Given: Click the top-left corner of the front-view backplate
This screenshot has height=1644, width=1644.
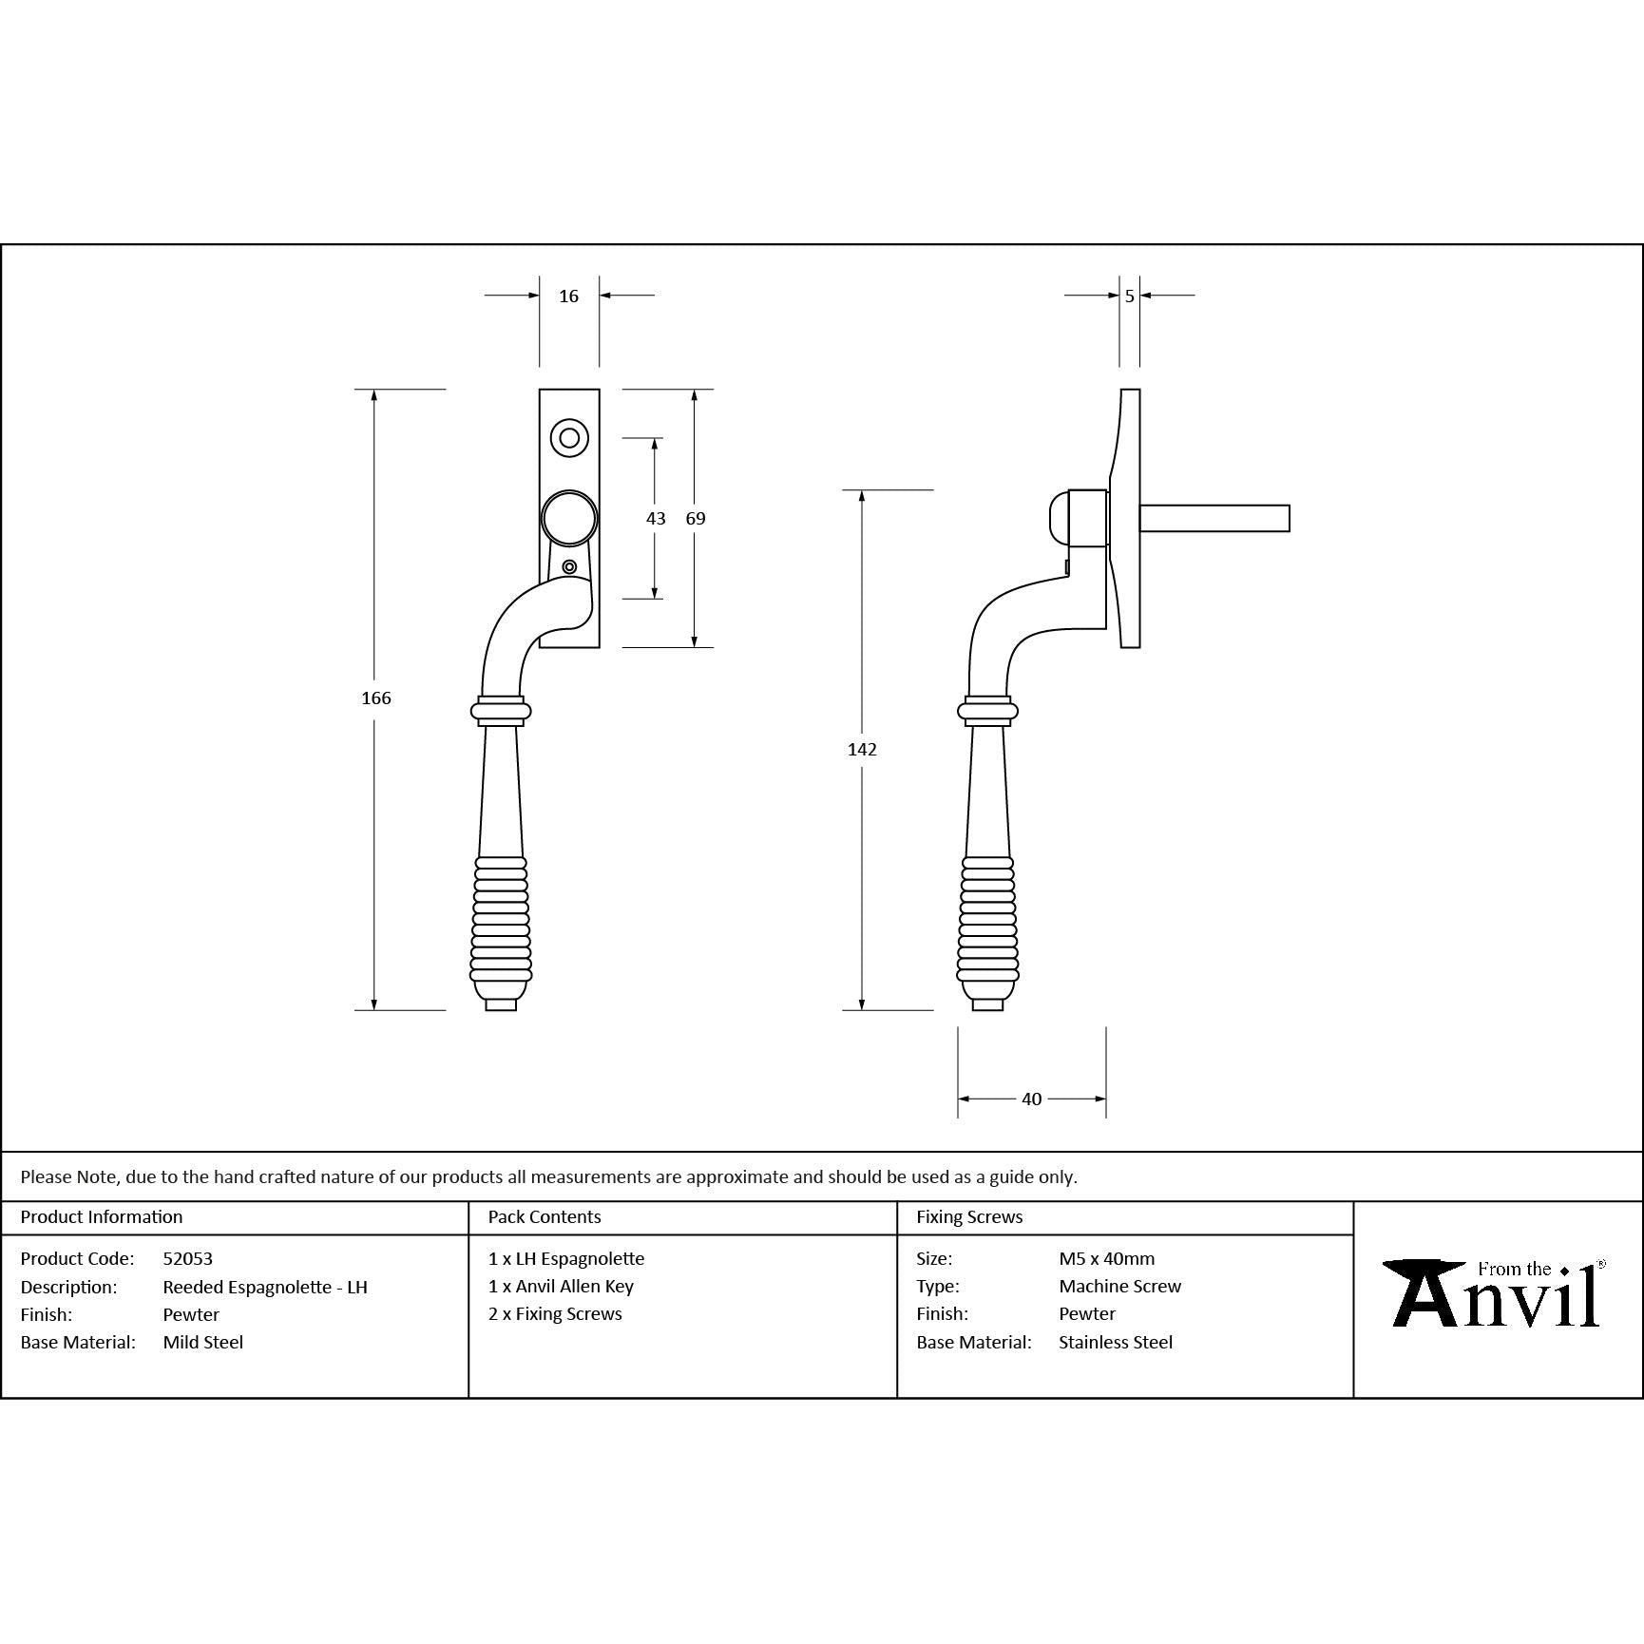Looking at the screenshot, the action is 540,390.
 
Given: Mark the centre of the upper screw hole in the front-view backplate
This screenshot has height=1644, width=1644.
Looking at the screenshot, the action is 569,438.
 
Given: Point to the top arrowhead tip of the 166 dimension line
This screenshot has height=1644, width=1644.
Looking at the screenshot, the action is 374,390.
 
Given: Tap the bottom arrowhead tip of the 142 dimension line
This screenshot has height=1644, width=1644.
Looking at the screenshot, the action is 862,1010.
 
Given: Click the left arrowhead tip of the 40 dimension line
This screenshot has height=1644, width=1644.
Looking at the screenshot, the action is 958,1099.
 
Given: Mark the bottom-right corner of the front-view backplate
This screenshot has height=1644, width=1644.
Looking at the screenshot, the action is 599,647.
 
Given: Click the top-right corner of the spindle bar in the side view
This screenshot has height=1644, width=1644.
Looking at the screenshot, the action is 1290,507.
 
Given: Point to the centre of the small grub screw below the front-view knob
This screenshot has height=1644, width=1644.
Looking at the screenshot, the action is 569,567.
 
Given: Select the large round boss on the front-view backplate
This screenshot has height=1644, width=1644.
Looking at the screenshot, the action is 569,519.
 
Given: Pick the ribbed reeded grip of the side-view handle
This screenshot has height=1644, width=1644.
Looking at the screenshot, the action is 988,919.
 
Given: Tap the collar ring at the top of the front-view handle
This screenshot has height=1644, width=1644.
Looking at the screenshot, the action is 501,711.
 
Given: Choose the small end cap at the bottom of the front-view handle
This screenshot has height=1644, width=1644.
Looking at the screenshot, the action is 501,1004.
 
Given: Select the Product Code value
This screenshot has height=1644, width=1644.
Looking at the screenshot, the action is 188,1258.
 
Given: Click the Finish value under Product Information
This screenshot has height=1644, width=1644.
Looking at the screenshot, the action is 191,1314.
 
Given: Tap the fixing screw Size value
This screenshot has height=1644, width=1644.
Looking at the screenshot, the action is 1107,1258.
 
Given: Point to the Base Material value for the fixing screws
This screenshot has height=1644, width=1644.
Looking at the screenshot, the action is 1116,1342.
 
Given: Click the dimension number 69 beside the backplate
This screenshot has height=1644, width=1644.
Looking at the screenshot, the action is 696,518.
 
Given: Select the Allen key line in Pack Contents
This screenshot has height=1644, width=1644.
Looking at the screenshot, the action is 561,1286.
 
